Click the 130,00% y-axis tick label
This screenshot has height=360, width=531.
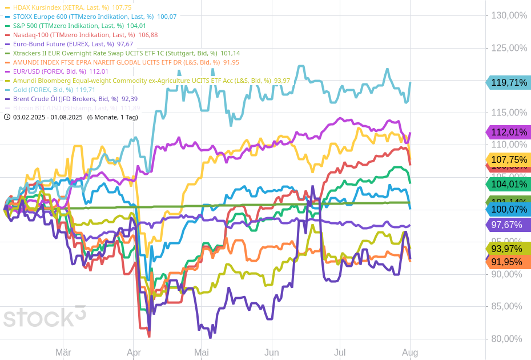[509, 15]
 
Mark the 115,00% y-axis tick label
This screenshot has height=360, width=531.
[509, 113]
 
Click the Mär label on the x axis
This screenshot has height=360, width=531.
[63, 353]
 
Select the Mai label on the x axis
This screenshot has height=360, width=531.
[202, 353]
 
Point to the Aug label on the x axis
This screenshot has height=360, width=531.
[411, 353]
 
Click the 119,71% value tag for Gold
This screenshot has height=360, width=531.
[509, 82]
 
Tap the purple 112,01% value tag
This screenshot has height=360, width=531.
[509, 133]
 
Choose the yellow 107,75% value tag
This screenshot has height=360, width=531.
[509, 159]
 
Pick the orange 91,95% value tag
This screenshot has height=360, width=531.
[509, 262]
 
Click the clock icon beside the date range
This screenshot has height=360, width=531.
[7, 117]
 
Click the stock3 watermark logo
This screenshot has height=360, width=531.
[45, 316]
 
